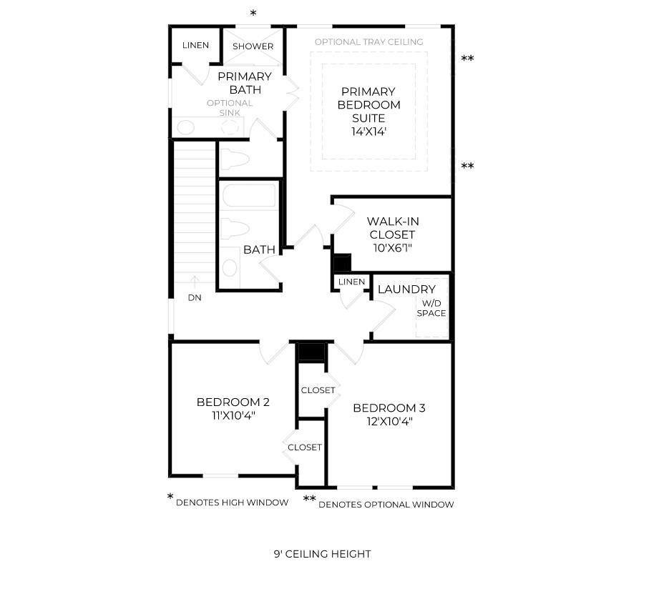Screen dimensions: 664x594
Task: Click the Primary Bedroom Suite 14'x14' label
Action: point(368,112)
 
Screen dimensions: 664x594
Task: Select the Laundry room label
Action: point(406,289)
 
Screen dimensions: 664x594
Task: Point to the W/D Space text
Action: point(431,308)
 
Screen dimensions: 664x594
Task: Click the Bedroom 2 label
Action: point(233,408)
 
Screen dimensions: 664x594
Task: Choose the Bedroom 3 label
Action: point(389,414)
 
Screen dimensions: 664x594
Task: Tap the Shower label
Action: point(253,46)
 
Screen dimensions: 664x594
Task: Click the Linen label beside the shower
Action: point(195,45)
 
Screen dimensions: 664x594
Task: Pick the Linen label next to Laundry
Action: point(351,282)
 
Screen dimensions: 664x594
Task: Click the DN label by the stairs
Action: point(195,298)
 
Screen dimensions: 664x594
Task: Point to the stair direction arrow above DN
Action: point(195,282)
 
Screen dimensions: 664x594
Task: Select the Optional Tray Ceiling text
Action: point(368,42)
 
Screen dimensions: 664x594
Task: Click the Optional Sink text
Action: point(230,108)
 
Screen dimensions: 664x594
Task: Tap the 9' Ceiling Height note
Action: point(322,554)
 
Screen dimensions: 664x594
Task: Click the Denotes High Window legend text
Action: point(232,503)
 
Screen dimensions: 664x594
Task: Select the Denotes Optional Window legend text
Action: point(386,505)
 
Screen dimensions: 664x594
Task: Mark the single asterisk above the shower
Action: point(253,14)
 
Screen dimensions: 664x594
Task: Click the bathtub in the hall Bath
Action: point(249,195)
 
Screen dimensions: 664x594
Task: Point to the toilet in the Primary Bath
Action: point(235,159)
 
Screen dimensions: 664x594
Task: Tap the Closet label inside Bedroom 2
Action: point(305,447)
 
